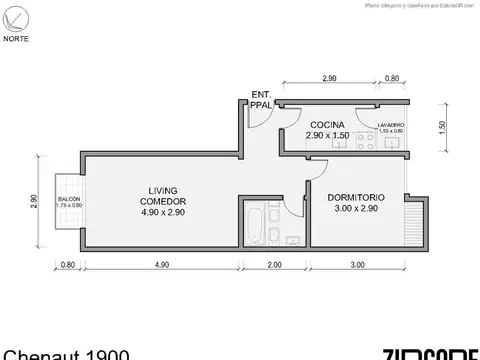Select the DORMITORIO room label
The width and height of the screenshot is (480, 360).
click(356, 197)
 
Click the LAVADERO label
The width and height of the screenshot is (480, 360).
click(392, 125)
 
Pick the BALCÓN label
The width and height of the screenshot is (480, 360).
click(69, 200)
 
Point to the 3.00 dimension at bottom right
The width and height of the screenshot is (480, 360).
click(356, 265)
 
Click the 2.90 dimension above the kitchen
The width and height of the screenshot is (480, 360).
click(329, 77)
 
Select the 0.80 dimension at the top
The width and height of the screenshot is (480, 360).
click(392, 77)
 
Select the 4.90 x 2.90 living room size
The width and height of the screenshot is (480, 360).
click(163, 212)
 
